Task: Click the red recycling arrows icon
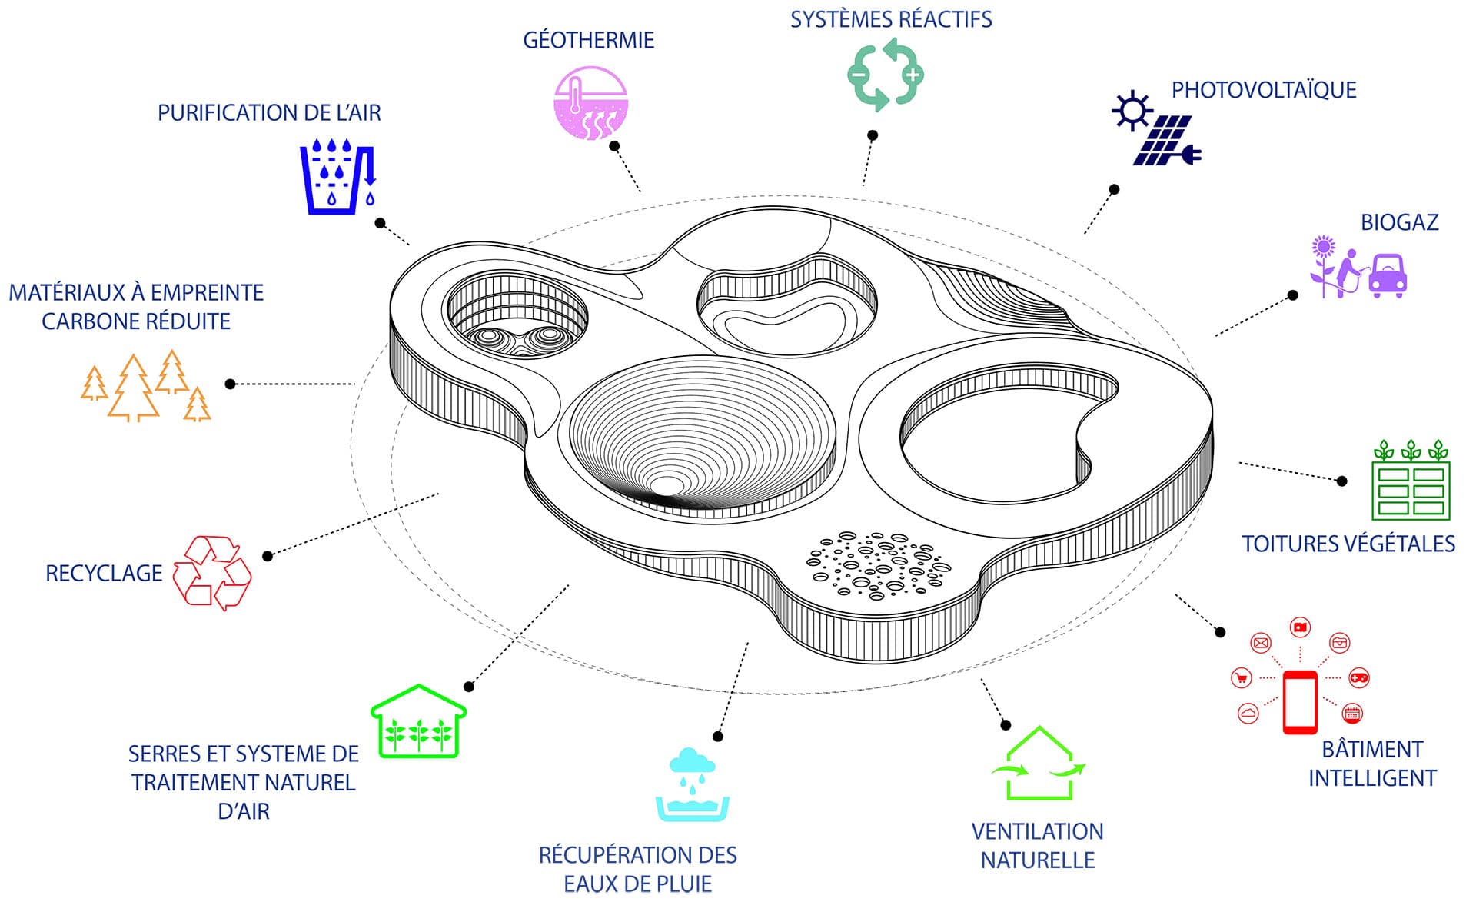(212, 573)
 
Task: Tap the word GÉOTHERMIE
(588, 40)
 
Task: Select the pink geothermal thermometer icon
(590, 103)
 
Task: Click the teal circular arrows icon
(885, 75)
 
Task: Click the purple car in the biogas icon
(1388, 275)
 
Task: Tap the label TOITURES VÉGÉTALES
(1348, 544)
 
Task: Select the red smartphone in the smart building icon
(1300, 702)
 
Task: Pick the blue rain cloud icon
(692, 762)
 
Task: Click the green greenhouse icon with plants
(418, 722)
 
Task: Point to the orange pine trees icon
(146, 386)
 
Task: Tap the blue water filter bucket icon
(337, 177)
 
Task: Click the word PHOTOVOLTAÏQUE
(1263, 90)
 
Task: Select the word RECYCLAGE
(104, 574)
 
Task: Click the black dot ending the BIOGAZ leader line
(1293, 295)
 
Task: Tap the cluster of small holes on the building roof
(879, 564)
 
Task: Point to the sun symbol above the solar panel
(1132, 111)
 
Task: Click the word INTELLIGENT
(1371, 778)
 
